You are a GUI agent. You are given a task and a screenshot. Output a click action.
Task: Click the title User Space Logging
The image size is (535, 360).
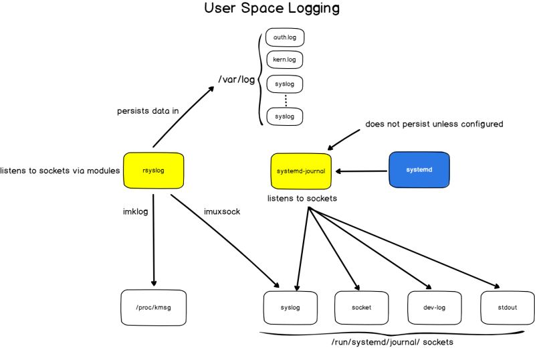tap(272, 9)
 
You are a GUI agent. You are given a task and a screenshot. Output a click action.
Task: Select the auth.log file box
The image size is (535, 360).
tap(284, 37)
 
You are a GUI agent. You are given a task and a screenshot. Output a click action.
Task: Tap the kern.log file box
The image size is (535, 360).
tap(284, 60)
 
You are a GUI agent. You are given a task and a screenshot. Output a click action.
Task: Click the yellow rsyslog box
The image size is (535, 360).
tap(153, 171)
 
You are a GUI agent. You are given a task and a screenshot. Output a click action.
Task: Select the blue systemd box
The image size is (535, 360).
tap(419, 170)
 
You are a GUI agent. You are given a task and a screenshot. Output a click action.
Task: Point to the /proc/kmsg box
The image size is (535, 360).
tap(154, 307)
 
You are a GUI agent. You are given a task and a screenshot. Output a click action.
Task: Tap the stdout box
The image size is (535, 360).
tap(507, 307)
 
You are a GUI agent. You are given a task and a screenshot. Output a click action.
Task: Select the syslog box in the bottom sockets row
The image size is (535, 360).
tap(291, 307)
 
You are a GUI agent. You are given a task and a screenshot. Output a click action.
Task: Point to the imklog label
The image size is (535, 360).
tap(135, 211)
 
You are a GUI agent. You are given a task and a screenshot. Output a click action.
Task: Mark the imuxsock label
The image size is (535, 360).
tap(221, 211)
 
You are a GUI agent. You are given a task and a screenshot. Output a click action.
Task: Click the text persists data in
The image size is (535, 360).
tap(148, 111)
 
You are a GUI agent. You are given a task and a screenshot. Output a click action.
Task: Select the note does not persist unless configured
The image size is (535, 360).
tap(434, 124)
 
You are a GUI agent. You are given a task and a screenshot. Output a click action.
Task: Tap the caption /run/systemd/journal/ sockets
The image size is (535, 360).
tap(392, 343)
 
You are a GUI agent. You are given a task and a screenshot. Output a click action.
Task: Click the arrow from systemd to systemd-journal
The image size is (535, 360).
tap(362, 171)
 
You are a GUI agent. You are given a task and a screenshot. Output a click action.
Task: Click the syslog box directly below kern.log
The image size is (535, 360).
tap(284, 84)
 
